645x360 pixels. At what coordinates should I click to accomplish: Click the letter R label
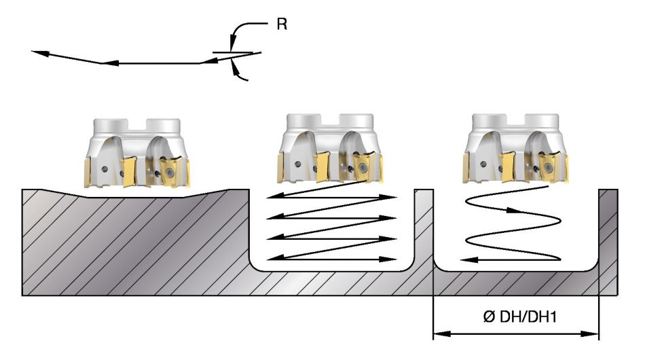282,24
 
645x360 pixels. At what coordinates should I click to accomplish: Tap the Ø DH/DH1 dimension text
519,317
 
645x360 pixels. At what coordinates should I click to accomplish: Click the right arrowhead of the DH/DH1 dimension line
590,334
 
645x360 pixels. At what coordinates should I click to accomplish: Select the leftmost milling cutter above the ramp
137,154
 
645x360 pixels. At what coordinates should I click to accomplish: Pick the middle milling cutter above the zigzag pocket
331,148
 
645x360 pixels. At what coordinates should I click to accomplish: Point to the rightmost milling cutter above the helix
516,148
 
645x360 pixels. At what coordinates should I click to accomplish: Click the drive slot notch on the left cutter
137,125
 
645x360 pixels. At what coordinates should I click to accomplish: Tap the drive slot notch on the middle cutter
330,120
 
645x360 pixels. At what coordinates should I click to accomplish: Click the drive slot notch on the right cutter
515,120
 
